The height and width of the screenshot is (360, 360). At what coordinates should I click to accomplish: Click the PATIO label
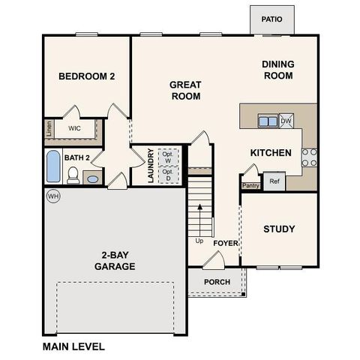272,19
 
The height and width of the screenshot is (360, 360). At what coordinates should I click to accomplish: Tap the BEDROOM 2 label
87,76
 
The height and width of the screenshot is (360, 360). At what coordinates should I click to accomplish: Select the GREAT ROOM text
185,91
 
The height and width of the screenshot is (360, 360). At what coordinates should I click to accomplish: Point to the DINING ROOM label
277,70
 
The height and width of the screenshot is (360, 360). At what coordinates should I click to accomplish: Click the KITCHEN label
270,153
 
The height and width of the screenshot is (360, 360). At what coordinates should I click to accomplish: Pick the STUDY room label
279,229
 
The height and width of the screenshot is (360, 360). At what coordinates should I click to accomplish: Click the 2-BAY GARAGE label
115,260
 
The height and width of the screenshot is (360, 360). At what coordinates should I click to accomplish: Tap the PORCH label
217,282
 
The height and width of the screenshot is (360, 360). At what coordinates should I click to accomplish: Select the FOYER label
226,244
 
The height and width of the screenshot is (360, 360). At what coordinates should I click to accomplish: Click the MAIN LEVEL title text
73,346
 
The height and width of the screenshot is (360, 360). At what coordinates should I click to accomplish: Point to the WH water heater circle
52,196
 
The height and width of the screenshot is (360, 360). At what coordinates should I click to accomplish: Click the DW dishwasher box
286,120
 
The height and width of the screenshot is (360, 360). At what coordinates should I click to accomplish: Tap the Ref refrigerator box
274,181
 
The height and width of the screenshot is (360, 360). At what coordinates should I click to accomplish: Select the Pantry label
250,185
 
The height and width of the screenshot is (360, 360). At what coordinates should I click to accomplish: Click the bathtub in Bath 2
52,166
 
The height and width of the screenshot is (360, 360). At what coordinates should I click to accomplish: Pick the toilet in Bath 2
73,175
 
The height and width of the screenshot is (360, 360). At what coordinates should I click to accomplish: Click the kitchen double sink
266,120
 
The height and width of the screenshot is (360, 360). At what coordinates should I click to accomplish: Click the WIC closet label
74,129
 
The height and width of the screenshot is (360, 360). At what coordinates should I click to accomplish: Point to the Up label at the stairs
199,241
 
